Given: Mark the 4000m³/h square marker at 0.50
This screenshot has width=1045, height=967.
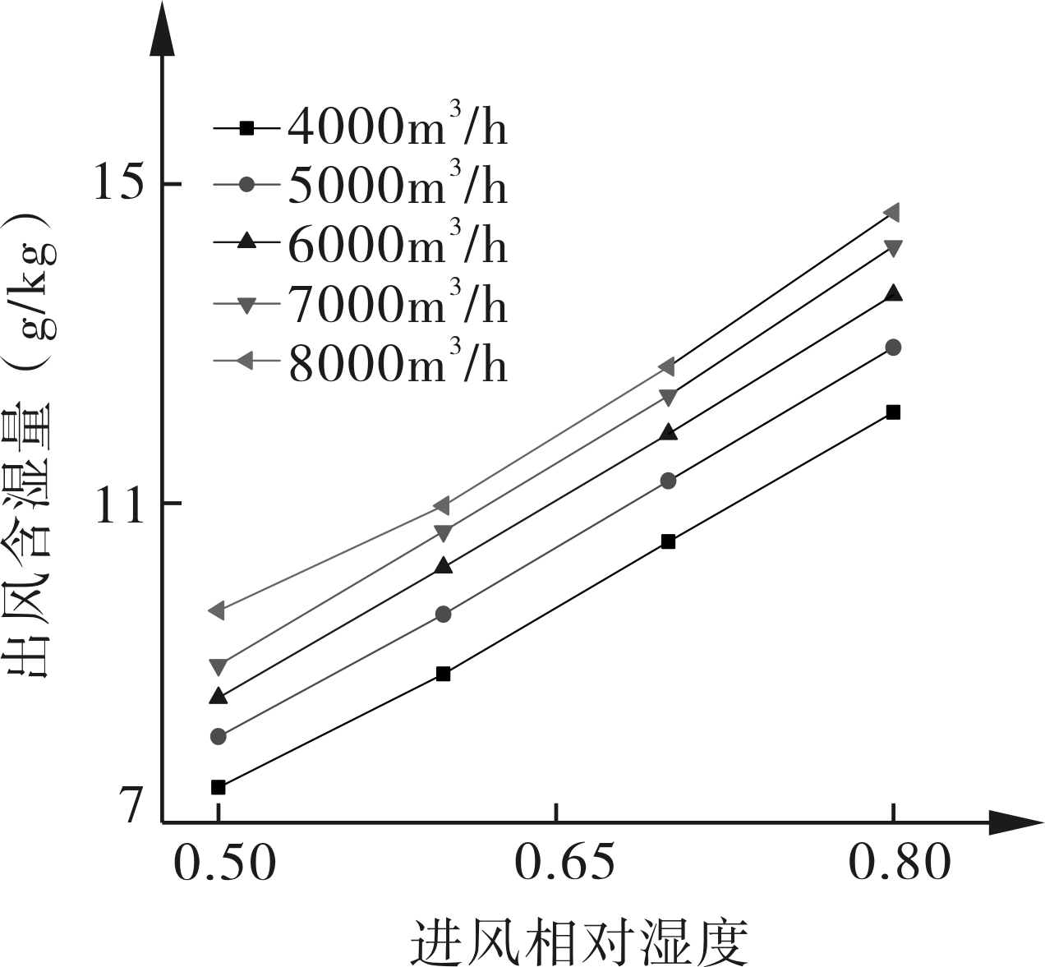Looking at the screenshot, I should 218,787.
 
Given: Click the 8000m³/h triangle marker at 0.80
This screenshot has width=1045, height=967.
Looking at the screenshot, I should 892,212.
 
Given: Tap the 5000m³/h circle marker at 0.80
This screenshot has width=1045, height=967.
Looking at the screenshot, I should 894,348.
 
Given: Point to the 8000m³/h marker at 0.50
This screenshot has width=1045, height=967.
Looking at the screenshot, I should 217,610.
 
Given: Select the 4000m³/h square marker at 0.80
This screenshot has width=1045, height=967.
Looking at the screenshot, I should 894,412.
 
